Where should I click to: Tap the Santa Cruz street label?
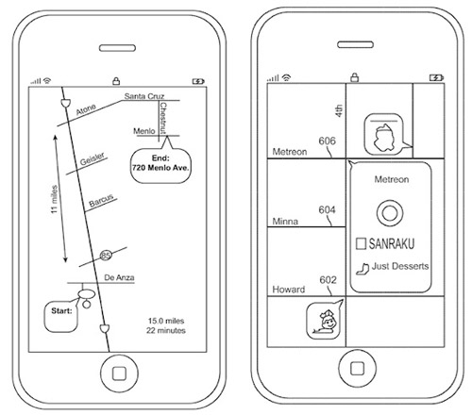click(x=144, y=96)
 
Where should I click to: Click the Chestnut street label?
click(x=163, y=118)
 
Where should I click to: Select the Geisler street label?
click(x=92, y=159)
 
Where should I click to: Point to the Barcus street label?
click(x=101, y=201)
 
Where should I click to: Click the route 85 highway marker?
click(x=106, y=255)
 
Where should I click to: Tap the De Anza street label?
click(x=119, y=277)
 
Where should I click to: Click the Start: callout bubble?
click(x=61, y=316)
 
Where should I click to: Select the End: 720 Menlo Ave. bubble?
click(x=160, y=163)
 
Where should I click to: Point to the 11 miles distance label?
click(x=54, y=199)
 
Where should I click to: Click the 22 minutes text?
click(x=166, y=330)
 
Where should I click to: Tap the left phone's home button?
click(x=119, y=373)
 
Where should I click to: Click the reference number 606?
click(x=327, y=141)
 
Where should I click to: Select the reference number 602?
click(x=328, y=280)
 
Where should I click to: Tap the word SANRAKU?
click(x=392, y=243)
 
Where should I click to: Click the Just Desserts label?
click(x=400, y=266)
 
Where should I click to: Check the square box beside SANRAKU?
click(x=361, y=243)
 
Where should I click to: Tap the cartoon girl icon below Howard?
click(x=324, y=321)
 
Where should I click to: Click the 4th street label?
click(x=339, y=111)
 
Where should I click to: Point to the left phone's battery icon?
click(x=198, y=82)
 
